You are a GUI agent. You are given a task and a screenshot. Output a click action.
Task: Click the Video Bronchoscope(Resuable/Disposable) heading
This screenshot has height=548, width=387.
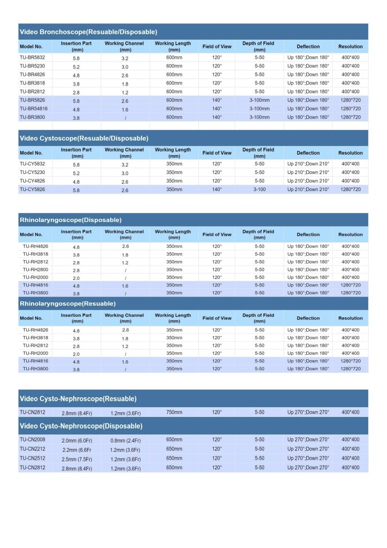tap(88, 32)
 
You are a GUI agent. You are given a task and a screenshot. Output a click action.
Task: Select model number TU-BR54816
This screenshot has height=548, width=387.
tap(34, 109)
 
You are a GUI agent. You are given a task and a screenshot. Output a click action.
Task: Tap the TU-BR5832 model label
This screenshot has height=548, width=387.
tap(33, 57)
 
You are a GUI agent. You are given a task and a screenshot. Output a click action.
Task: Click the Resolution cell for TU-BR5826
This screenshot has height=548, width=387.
tap(350, 100)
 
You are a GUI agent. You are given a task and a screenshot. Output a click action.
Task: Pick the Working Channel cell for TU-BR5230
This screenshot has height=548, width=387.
tap(125, 66)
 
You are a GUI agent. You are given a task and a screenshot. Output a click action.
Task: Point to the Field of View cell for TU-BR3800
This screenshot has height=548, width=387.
tap(216, 117)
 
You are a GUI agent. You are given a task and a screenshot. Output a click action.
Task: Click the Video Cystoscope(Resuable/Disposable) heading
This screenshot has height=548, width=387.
tap(84, 138)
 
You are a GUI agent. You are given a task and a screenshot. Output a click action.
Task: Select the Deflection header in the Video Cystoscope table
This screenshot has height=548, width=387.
tap(308, 153)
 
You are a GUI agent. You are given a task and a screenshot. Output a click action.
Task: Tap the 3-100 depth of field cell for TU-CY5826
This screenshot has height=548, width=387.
tap(259, 189)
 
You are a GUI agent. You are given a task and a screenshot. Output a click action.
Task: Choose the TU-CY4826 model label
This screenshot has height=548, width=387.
tap(33, 181)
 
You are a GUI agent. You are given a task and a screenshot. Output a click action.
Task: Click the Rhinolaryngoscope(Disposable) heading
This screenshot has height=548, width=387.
tap(71, 220)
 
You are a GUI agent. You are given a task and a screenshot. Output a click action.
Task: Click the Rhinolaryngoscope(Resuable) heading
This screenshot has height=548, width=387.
tap(67, 303)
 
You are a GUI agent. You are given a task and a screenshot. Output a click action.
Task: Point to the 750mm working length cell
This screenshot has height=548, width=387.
tap(174, 413)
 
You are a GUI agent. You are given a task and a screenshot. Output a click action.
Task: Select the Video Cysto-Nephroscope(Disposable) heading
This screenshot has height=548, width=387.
tap(81, 426)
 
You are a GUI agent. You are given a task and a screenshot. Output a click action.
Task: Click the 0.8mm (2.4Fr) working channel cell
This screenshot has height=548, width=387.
tap(126, 439)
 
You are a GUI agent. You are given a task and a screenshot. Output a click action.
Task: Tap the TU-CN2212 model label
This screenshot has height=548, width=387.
tap(33, 449)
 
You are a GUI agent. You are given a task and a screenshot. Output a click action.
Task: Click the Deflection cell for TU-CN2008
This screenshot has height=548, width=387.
tap(308, 439)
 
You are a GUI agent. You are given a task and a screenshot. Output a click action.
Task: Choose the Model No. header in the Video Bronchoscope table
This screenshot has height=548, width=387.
tap(31, 47)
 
